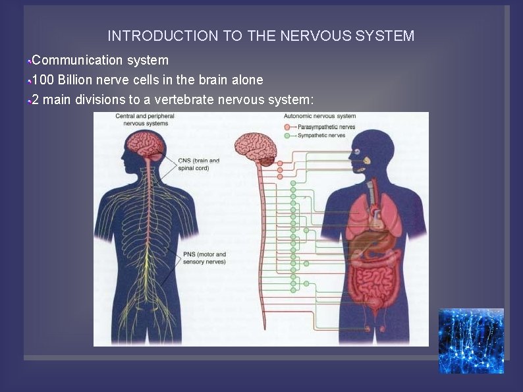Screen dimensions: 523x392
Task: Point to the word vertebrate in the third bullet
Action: coord(182,100)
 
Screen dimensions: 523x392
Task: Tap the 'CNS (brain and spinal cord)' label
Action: coord(200,164)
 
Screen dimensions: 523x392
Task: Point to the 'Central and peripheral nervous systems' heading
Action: coord(144,119)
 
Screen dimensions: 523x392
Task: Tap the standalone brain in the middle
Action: coord(256,149)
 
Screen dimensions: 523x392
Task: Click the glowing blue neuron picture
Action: coord(471,341)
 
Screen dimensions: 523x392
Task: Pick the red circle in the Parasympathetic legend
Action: coord(288,126)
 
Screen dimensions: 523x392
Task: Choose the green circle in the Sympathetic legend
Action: coord(288,135)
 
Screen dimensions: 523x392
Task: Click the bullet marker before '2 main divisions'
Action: coord(29,101)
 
